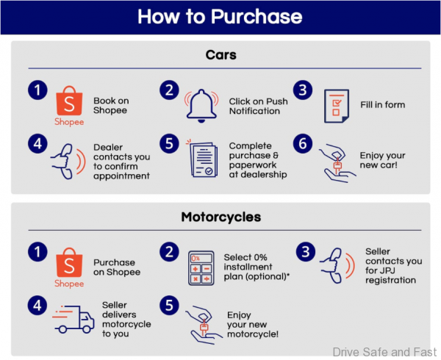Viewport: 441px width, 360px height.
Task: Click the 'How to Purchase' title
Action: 220,16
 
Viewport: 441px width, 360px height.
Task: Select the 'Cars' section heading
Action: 220,56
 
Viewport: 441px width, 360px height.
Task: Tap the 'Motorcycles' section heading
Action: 220,217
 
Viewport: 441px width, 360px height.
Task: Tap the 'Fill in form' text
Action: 382,105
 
